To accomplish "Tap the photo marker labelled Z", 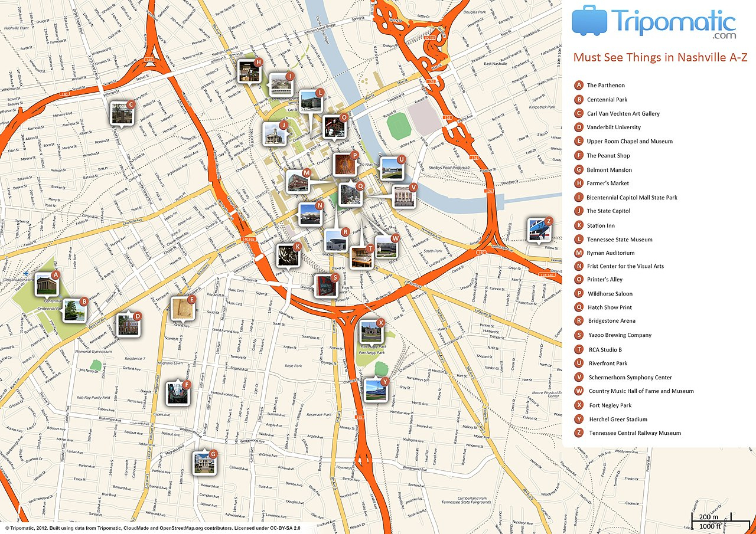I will tap(540, 230).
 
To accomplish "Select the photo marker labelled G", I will tap(204, 463).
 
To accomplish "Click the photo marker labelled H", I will tap(249, 71).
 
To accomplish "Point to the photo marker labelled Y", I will tap(376, 390).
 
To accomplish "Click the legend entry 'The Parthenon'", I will tap(605, 86).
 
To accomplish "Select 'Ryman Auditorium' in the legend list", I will tap(611, 253).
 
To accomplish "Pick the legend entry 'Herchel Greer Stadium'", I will tap(618, 420).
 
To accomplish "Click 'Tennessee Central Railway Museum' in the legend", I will tap(635, 433).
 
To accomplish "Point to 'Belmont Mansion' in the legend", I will tap(610, 170).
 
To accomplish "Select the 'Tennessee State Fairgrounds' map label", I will tap(465, 502).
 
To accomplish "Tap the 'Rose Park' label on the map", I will tap(294, 366).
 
